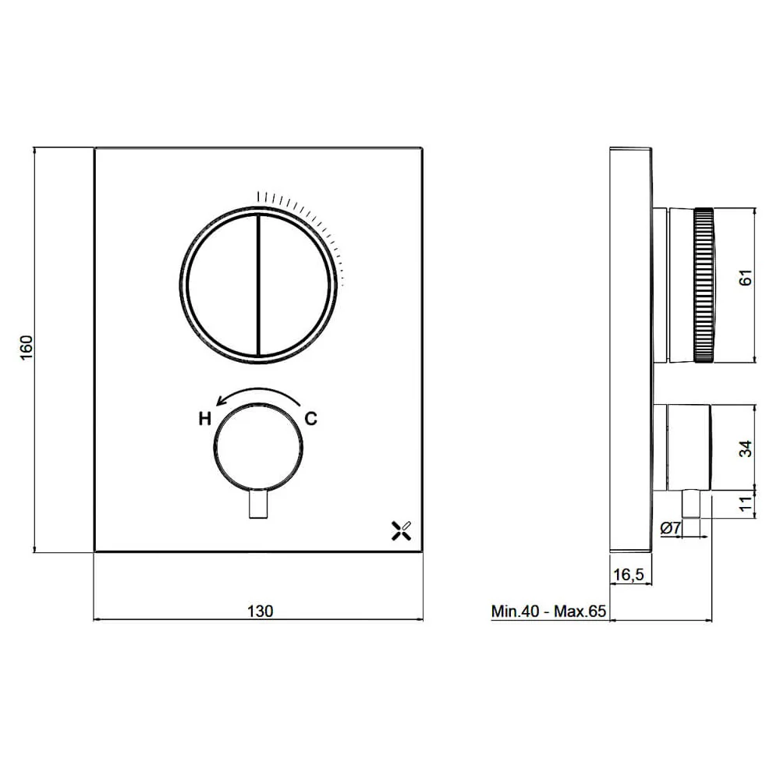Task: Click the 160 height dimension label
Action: (x=26, y=349)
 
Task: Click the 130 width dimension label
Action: (x=260, y=611)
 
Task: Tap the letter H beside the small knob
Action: (x=204, y=419)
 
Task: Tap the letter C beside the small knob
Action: (x=310, y=419)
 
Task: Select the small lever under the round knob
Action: (x=258, y=505)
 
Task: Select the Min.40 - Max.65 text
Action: (x=548, y=611)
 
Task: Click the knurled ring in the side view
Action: (x=704, y=285)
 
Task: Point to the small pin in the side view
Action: (x=690, y=505)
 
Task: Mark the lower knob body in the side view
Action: (x=686, y=448)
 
